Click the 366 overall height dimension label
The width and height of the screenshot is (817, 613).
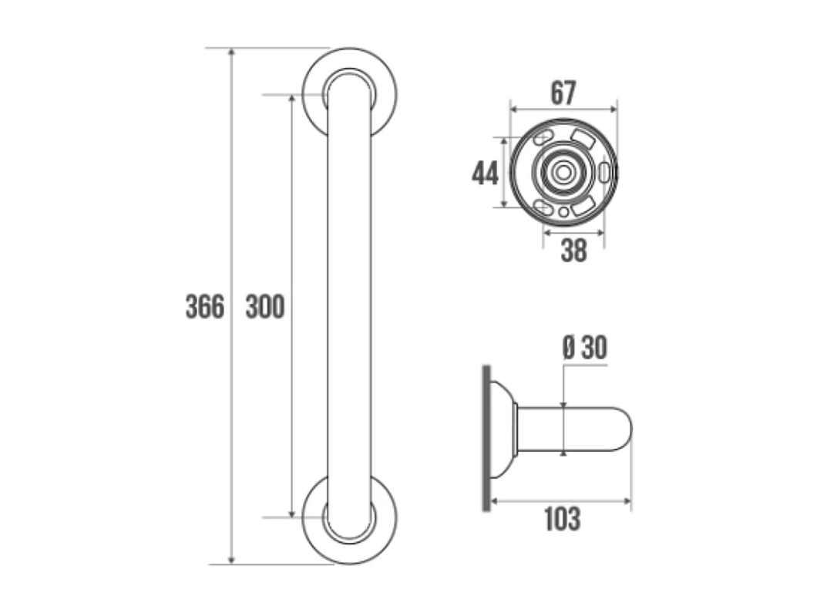click(x=205, y=307)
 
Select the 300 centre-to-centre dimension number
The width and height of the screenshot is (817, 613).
click(x=265, y=307)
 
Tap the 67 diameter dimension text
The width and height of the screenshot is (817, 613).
click(x=563, y=93)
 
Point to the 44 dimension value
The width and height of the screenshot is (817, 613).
click(x=485, y=173)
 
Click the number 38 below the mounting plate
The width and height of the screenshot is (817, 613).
click(x=573, y=250)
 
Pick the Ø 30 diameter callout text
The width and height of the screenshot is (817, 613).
click(x=584, y=349)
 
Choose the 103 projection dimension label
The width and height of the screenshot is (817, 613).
click(x=562, y=519)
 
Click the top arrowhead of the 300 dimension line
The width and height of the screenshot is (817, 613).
click(x=291, y=99)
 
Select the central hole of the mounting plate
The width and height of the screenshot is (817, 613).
click(x=564, y=172)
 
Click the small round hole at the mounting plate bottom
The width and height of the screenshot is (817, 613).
click(x=564, y=211)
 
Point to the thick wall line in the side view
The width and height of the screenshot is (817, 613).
click(x=486, y=436)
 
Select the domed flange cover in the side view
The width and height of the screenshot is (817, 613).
click(x=503, y=429)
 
